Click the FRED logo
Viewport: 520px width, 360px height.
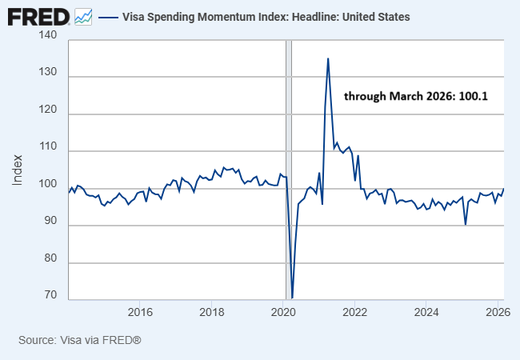37,16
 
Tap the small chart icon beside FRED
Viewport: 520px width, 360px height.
83,16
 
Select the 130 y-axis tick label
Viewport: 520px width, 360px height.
47,77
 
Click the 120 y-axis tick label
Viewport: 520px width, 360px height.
47,114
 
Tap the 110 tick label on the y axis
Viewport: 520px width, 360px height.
47,151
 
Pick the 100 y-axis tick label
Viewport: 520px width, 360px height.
47,189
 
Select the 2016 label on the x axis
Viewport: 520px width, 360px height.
140,311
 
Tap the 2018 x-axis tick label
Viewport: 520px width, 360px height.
211,311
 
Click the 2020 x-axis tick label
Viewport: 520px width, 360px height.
283,311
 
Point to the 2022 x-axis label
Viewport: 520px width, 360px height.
354,311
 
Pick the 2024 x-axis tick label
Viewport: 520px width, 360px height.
426,311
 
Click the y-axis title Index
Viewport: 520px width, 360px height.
18,170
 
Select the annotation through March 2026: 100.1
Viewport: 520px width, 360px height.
416,96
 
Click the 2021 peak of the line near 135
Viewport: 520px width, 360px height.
328,58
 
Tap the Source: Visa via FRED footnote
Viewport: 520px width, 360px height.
80,340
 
